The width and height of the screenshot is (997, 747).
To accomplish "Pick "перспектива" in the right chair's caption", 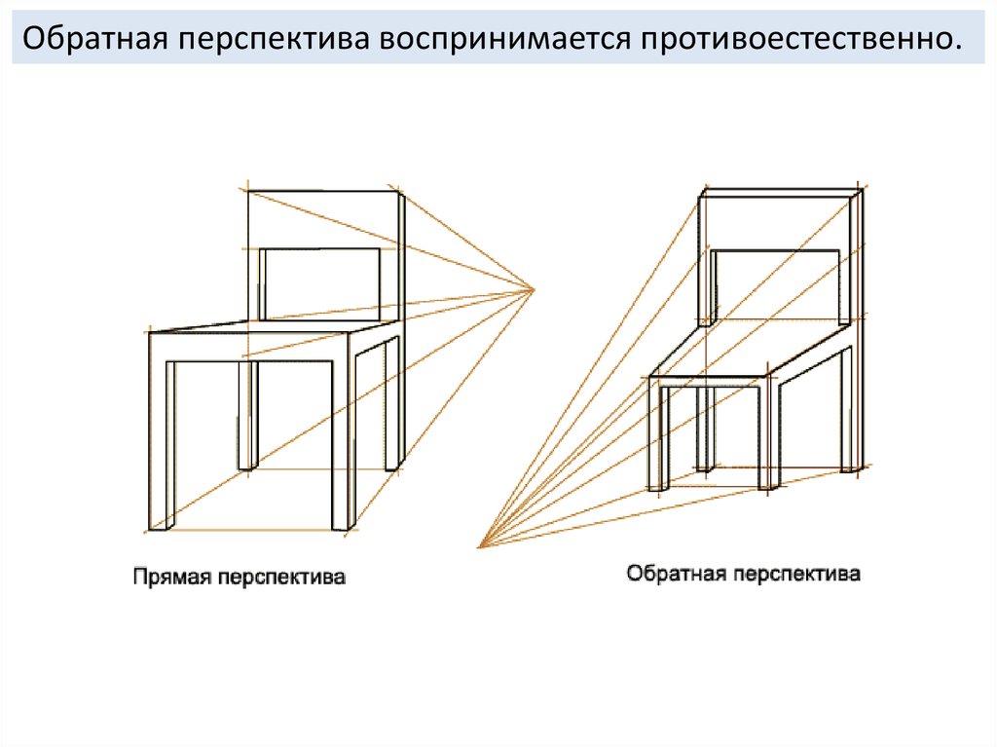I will tap(797, 573).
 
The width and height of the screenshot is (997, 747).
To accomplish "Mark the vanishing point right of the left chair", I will tap(535, 289).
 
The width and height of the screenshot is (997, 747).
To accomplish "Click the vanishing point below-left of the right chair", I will tap(480, 547).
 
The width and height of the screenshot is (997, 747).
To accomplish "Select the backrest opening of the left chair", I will tap(320, 282).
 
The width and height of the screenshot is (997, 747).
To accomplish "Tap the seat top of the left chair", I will tap(273, 328).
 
